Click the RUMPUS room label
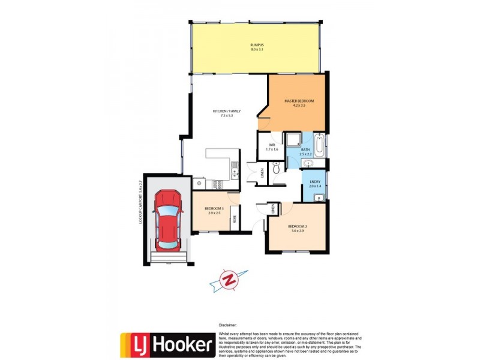pos(257,46)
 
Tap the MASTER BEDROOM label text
pos(299,101)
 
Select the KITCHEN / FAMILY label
pos(223,111)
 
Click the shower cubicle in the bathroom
pos(295,140)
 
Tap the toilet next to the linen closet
pos(275,170)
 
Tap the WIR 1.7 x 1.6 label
pos(272,147)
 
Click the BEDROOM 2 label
pos(298,226)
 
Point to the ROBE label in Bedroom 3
pos(234,220)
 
